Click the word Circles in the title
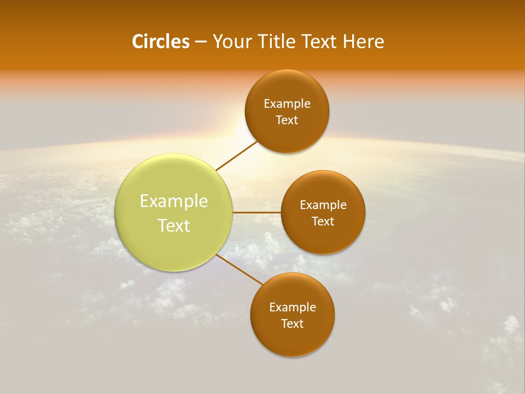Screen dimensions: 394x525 click(160, 42)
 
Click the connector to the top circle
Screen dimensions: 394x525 click(237, 155)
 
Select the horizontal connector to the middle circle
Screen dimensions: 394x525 click(256, 212)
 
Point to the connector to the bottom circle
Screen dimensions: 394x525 click(240, 269)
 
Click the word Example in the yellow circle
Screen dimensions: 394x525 click(174, 201)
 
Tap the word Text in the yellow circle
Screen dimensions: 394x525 click(174, 225)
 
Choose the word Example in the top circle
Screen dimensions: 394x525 click(287, 104)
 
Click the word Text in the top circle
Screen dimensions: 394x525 click(287, 120)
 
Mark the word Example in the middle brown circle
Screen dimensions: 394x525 click(323, 205)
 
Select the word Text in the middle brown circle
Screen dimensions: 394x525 click(323, 221)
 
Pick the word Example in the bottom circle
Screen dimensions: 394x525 click(292, 307)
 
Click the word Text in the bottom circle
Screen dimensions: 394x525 click(292, 323)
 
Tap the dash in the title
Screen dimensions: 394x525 click(201, 42)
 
